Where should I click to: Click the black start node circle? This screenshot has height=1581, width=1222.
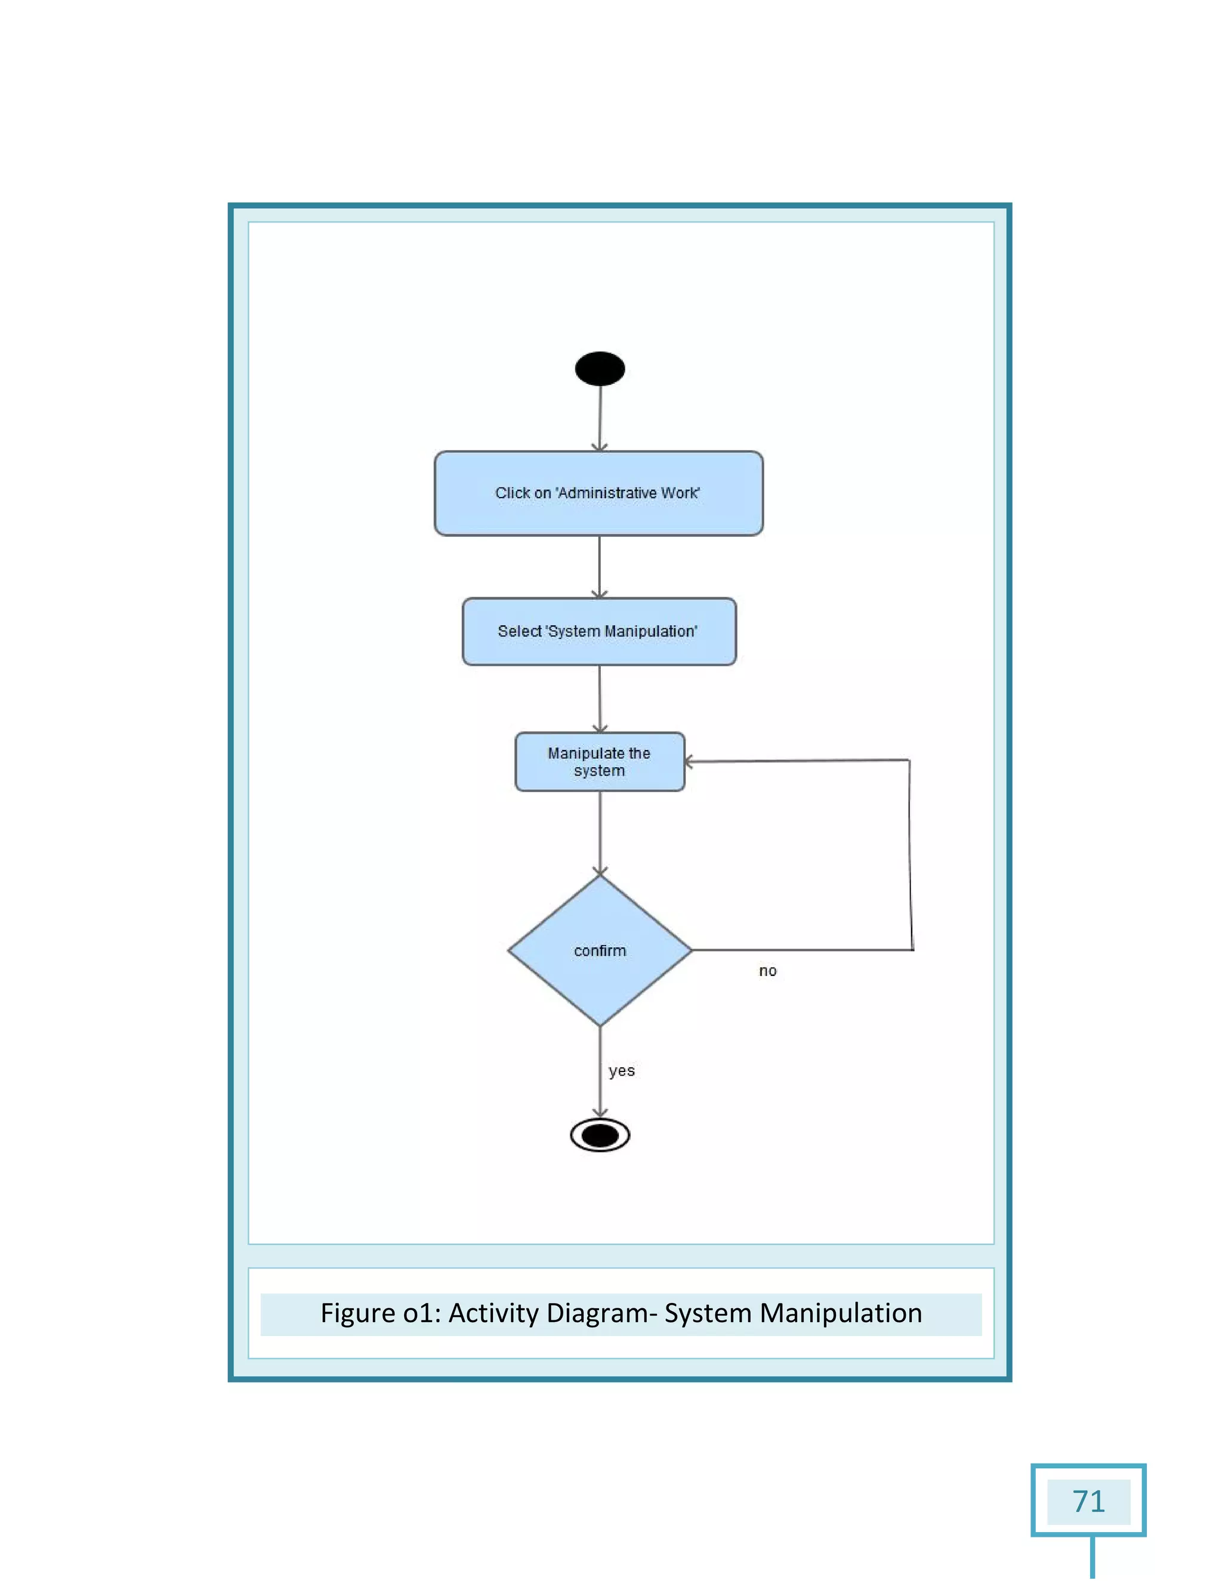600,369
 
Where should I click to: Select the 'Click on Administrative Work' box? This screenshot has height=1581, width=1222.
598,493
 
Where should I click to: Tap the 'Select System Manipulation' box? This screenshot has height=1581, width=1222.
598,631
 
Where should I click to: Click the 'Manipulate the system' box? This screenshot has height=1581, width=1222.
600,761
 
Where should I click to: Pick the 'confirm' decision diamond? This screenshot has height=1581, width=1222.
600,950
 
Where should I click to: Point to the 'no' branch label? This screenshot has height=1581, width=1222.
767,971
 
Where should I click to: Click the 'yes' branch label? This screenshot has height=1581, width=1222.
621,1071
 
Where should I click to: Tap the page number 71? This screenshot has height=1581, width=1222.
1088,1502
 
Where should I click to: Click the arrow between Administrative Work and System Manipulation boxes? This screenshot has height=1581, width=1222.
600,566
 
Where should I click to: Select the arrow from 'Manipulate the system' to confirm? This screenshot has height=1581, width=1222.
600,832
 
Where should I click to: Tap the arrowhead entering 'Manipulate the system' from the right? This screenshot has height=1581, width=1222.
689,761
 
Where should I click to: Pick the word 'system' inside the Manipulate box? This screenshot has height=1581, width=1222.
600,771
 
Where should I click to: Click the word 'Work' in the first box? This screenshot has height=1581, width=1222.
680,493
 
